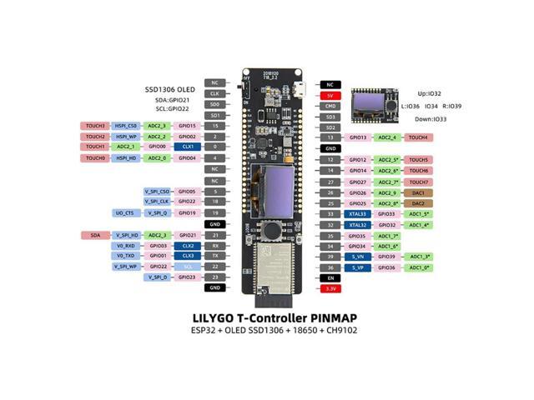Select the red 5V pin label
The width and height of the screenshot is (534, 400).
click(x=330, y=95)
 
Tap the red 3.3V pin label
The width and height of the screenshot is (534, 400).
click(x=330, y=287)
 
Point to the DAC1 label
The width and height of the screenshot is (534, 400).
click(x=418, y=192)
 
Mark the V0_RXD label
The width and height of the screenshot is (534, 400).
click(x=125, y=246)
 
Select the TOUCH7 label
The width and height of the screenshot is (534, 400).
click(x=418, y=181)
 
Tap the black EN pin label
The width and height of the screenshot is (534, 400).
click(x=330, y=277)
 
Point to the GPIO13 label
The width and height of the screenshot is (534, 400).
click(x=358, y=137)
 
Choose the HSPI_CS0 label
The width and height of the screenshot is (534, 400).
click(x=125, y=126)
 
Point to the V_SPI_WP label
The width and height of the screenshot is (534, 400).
click(x=125, y=267)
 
